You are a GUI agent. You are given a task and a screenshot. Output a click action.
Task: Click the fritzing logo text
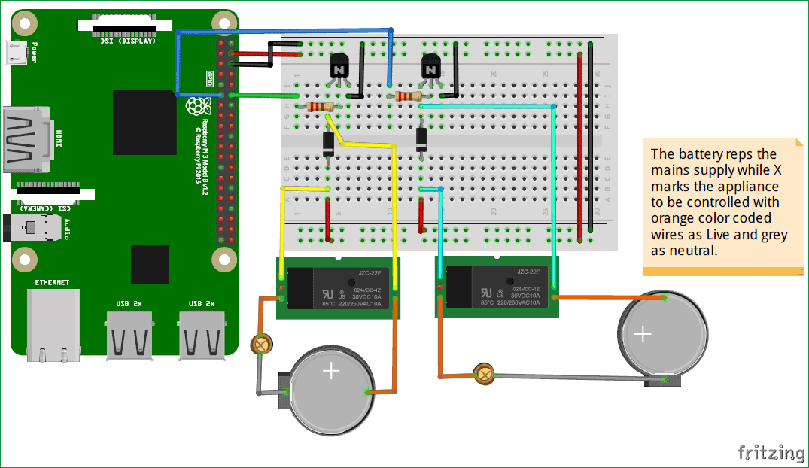click(770, 451)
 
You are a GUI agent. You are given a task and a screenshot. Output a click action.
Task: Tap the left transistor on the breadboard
click(339, 70)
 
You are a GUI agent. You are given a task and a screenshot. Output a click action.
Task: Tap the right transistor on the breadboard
click(430, 70)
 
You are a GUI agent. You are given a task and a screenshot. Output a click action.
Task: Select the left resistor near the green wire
click(319, 108)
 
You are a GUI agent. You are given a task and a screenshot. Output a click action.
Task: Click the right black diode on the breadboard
click(422, 139)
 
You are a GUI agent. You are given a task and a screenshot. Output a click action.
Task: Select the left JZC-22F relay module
click(338, 287)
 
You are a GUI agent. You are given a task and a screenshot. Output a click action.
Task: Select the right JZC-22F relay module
click(497, 287)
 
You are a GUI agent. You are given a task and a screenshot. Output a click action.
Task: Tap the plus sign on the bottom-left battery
click(331, 371)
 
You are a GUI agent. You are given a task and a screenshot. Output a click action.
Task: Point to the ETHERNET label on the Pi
click(52, 282)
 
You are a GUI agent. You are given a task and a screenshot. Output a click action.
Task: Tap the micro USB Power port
click(18, 53)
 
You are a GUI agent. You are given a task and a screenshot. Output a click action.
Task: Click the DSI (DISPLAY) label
click(128, 41)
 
